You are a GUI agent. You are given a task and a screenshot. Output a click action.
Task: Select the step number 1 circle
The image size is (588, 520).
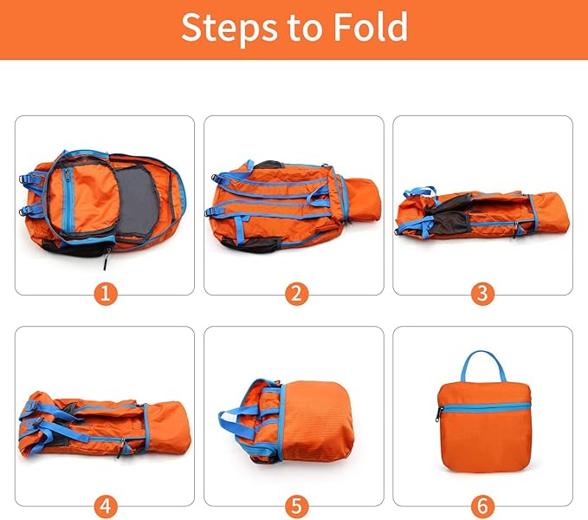click(105, 293)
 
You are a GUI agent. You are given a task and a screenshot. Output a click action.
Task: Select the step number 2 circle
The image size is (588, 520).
click(294, 293)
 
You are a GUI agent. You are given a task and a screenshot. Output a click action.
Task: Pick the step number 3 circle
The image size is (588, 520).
click(482, 293)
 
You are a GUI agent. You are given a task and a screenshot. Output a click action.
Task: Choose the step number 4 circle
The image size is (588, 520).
click(105, 504)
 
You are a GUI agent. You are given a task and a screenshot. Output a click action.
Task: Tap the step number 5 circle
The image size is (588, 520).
click(294, 504)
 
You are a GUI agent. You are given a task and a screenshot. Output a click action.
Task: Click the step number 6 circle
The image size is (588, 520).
click(482, 504)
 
